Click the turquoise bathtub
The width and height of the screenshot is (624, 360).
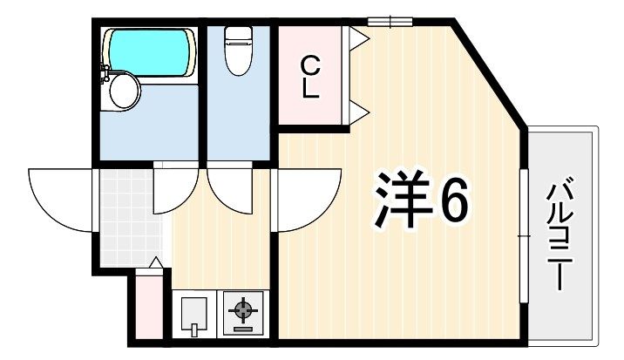pyautogui.click(x=149, y=52)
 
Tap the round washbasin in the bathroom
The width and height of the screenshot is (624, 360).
pyautogui.click(x=124, y=92)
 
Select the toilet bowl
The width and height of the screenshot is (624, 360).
pyautogui.click(x=239, y=51)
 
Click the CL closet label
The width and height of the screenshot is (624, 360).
pyautogui.click(x=310, y=78)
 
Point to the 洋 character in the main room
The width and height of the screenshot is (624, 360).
pyautogui.click(x=403, y=200)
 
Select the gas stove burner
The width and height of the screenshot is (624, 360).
pyautogui.click(x=243, y=309)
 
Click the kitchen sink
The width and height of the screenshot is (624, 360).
pyautogui.click(x=194, y=314)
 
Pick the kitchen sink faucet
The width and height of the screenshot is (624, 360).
pyautogui.click(x=194, y=330)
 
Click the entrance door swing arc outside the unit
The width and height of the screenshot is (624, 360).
pyautogui.click(x=59, y=200)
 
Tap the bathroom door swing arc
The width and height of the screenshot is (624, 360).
pyautogui.click(x=175, y=192)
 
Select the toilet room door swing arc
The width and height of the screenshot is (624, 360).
pyautogui.click(x=229, y=192)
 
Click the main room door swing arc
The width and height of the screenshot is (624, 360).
pyautogui.click(x=309, y=200)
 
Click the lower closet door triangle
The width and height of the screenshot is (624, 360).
pyautogui.click(x=359, y=112)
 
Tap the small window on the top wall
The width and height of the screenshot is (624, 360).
pyautogui.click(x=390, y=22)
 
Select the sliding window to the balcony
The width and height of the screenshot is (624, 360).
pyautogui.click(x=525, y=236)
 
